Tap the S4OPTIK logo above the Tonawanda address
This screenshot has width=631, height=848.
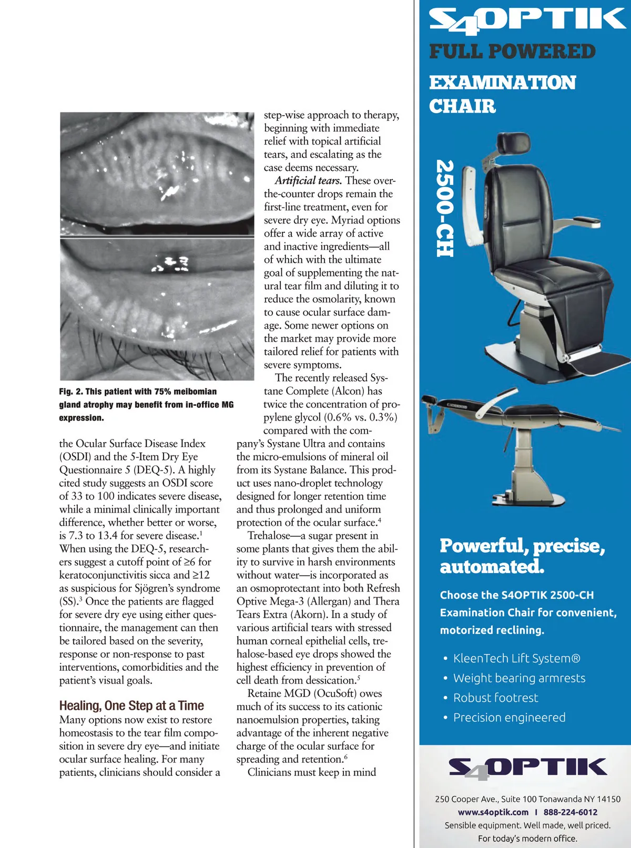527,769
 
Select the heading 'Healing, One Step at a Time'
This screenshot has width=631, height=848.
131,706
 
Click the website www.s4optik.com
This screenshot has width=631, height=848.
493,812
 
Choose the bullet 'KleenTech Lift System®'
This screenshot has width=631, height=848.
516,658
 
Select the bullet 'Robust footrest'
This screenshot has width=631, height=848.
495,698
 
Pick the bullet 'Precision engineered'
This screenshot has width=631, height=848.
509,718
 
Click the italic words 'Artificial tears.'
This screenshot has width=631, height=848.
308,181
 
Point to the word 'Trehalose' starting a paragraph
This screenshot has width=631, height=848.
268,536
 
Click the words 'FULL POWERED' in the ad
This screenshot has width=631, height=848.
512,52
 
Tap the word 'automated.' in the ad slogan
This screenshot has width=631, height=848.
492,567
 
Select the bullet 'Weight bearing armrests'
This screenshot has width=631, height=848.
519,678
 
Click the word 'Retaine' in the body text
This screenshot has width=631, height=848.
264,693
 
